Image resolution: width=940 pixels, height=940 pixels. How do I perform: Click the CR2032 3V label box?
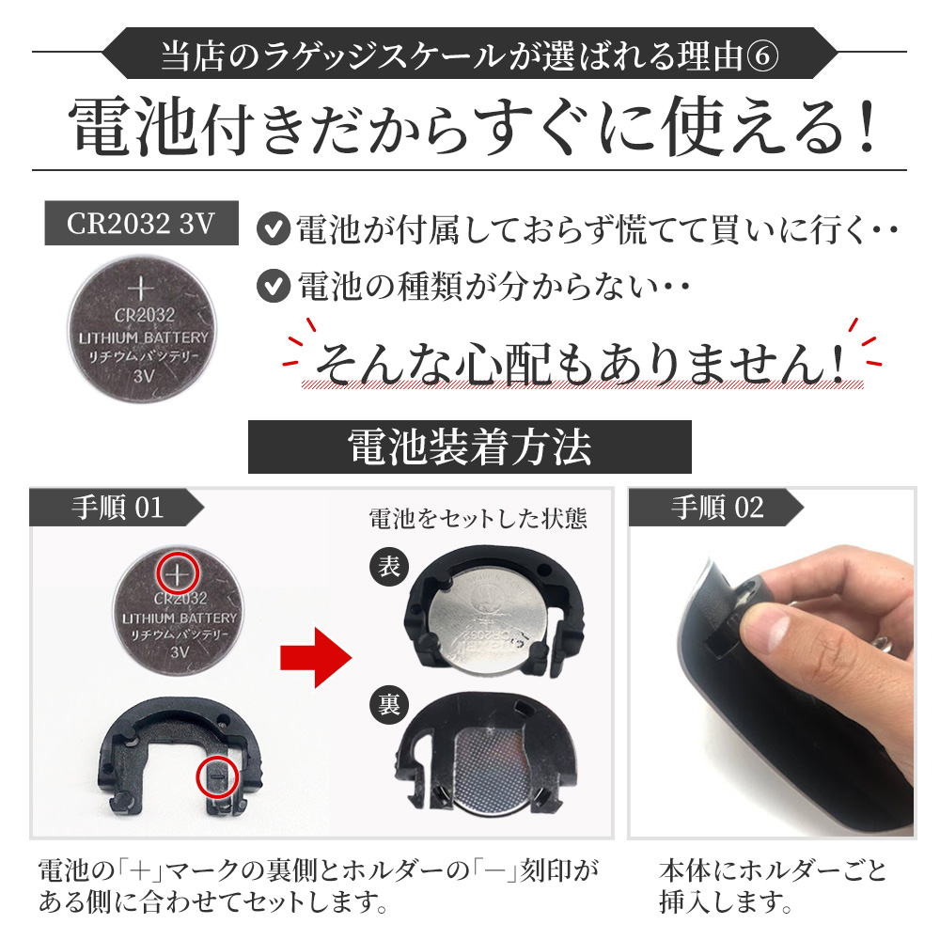[x=142, y=223]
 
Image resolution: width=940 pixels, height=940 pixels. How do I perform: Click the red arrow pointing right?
[x=316, y=658]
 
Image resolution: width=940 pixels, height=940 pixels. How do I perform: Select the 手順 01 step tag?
[x=117, y=508]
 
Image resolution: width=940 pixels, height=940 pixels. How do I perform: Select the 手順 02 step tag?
[x=716, y=508]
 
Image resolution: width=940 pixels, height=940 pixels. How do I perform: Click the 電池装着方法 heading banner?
[x=469, y=447]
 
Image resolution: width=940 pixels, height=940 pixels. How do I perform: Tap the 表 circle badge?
[x=389, y=567]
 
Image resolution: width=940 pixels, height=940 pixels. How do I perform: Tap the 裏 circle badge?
[x=389, y=704]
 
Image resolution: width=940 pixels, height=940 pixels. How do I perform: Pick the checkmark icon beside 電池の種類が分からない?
[x=274, y=286]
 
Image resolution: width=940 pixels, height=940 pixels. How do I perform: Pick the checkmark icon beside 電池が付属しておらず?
[x=274, y=229]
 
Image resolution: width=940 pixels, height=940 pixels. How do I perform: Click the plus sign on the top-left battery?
[x=141, y=289]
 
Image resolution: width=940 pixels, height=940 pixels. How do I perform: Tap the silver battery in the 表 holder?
[x=488, y=621]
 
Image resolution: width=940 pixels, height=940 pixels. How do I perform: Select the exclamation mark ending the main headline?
[x=865, y=127]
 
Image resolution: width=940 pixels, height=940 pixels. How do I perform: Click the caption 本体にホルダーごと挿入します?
[x=773, y=885]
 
